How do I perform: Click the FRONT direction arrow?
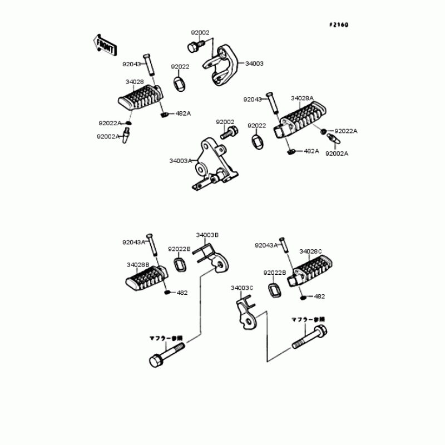click(104, 45)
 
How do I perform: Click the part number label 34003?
click(254, 63)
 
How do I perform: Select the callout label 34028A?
click(302, 98)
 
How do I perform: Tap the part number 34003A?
click(180, 160)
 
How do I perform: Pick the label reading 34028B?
click(137, 265)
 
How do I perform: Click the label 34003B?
click(206, 235)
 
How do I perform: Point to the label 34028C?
click(310, 251)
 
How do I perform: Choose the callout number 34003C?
click(242, 288)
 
